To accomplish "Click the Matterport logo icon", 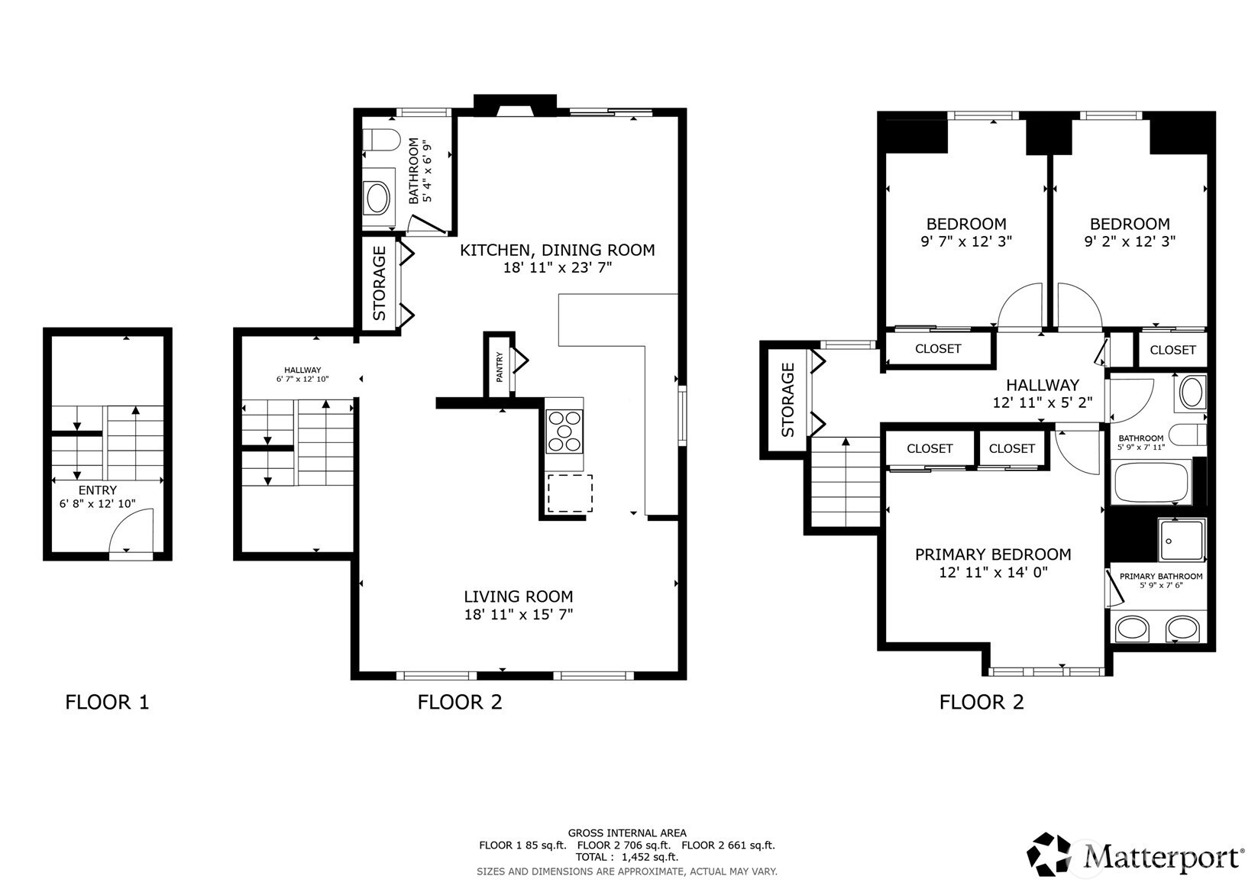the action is [1049, 854].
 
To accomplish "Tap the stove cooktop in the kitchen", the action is [564, 432].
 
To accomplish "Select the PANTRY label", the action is [500, 367].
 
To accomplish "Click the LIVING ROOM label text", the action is [519, 596].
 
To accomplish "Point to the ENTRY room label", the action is [98, 490].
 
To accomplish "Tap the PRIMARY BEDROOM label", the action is [993, 554].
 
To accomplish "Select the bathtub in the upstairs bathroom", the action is [1151, 481].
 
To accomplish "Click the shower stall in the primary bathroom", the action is [1182, 540].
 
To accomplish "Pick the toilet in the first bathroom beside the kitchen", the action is [381, 140].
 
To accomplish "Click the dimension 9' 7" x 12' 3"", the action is [966, 241].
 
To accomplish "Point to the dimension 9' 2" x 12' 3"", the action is [1130, 241].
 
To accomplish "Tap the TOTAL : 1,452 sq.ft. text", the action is [627, 857].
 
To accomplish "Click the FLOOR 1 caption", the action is [107, 702].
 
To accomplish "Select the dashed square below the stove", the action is [570, 493].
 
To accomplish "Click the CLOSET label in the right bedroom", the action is [1172, 350].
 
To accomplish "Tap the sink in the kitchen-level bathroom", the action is [377, 198].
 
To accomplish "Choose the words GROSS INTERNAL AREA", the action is [627, 832].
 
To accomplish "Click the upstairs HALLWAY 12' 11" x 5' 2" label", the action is [1043, 393].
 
